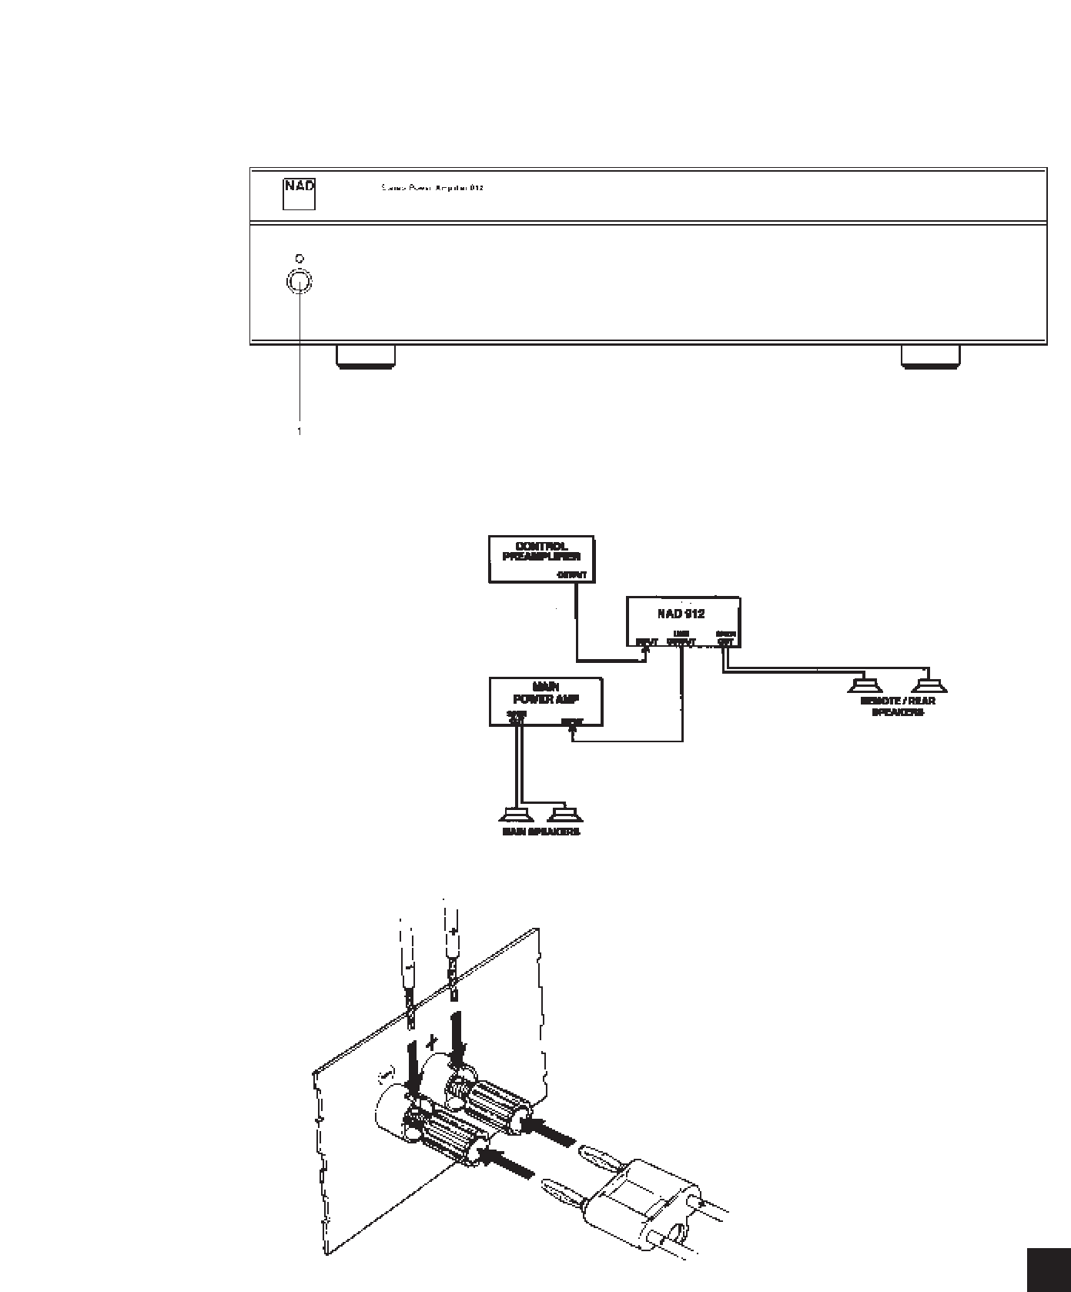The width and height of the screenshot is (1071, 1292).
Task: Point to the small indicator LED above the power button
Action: tap(299, 259)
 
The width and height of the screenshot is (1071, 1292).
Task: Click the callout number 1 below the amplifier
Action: tap(300, 432)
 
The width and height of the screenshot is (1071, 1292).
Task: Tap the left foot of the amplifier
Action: tap(366, 356)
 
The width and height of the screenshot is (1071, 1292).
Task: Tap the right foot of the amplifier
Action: tap(930, 356)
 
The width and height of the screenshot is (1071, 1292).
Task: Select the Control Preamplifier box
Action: tap(542, 559)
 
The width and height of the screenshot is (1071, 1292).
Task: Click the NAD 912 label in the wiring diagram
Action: tap(681, 614)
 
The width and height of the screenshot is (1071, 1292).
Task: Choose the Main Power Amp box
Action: tap(546, 701)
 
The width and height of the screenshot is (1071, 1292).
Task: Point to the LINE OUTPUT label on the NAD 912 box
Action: tap(681, 638)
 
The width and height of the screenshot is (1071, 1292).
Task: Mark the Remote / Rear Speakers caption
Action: tap(897, 707)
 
